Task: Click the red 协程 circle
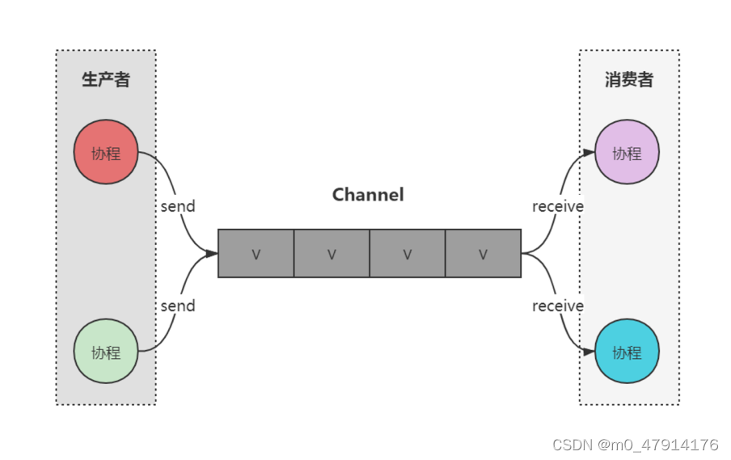tap(105, 152)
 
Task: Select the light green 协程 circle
tap(105, 352)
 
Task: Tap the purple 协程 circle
tap(627, 152)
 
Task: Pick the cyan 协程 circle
tap(627, 352)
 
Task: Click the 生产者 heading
tap(105, 79)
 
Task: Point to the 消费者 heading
tap(628, 79)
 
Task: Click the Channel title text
tap(368, 195)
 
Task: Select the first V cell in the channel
tap(256, 254)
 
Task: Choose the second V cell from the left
tap(332, 254)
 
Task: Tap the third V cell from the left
tap(407, 254)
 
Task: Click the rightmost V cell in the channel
tap(483, 254)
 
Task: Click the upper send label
tap(177, 206)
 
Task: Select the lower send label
tap(177, 306)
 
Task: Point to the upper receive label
tap(557, 206)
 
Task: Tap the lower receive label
tap(557, 306)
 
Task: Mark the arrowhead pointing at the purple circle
tap(589, 152)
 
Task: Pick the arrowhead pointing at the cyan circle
tap(589, 352)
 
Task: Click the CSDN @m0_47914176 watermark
tap(635, 445)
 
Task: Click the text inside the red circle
tap(105, 153)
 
